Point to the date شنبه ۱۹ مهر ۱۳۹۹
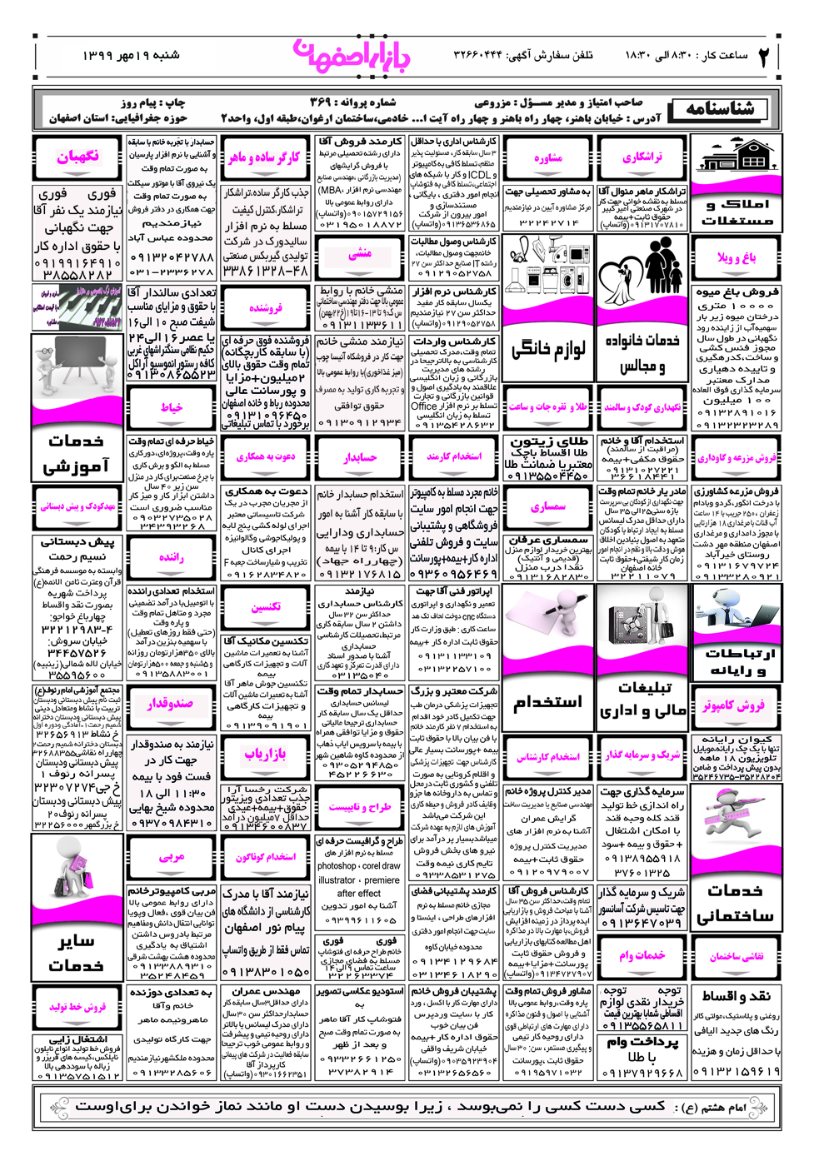pyautogui.click(x=131, y=56)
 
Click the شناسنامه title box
pyautogui.click(x=721, y=109)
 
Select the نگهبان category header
pyautogui.click(x=77, y=157)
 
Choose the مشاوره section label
pyautogui.click(x=547, y=158)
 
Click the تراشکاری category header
pyautogui.click(x=642, y=157)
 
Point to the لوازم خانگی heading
pyautogui.click(x=547, y=348)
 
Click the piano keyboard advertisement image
pyautogui.click(x=77, y=306)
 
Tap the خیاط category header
pyautogui.click(x=172, y=407)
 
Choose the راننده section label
pyautogui.click(x=172, y=557)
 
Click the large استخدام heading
pyautogui.click(x=547, y=702)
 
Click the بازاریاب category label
pyautogui.click(x=265, y=754)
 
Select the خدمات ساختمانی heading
pyautogui.click(x=736, y=903)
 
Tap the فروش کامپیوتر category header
pyautogui.click(x=734, y=705)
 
